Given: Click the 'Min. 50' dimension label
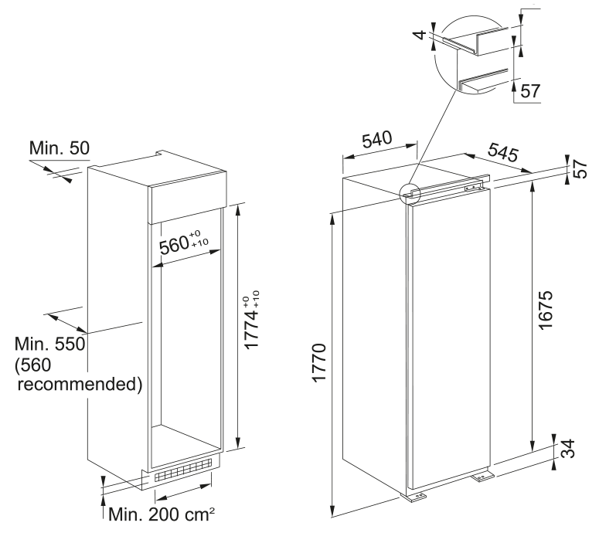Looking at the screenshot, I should coord(60,147).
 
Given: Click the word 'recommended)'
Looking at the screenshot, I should coord(80,384).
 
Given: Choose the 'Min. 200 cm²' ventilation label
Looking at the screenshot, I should coord(160,513).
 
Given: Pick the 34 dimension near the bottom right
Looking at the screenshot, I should coord(568,449).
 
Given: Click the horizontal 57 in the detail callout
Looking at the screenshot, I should coord(530,91).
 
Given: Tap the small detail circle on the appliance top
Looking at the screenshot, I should coord(409,193).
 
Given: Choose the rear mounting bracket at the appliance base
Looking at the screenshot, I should coord(483,477).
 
